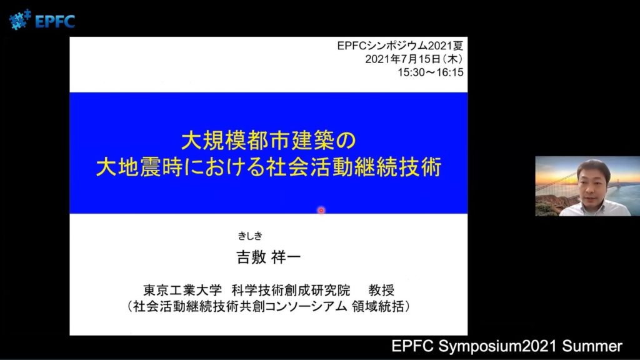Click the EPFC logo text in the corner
click(55, 21)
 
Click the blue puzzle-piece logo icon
click(20, 19)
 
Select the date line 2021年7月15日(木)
click(414, 59)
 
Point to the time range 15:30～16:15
click(431, 72)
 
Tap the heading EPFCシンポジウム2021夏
click(400, 46)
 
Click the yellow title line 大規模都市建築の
click(269, 141)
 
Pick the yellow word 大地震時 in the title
click(139, 167)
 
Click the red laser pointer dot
click(321, 210)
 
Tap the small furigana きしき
click(250, 236)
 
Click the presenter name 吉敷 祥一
click(269, 257)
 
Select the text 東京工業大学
click(182, 290)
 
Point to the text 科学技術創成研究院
click(291, 290)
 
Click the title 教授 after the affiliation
click(381, 290)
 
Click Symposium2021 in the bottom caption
click(497, 346)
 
